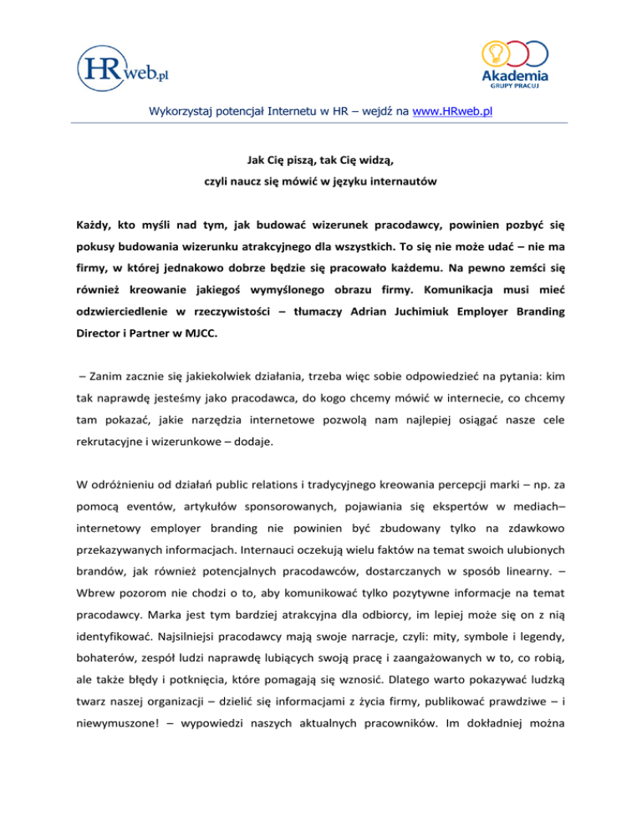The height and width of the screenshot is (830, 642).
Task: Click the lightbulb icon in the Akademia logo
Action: (495, 52)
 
